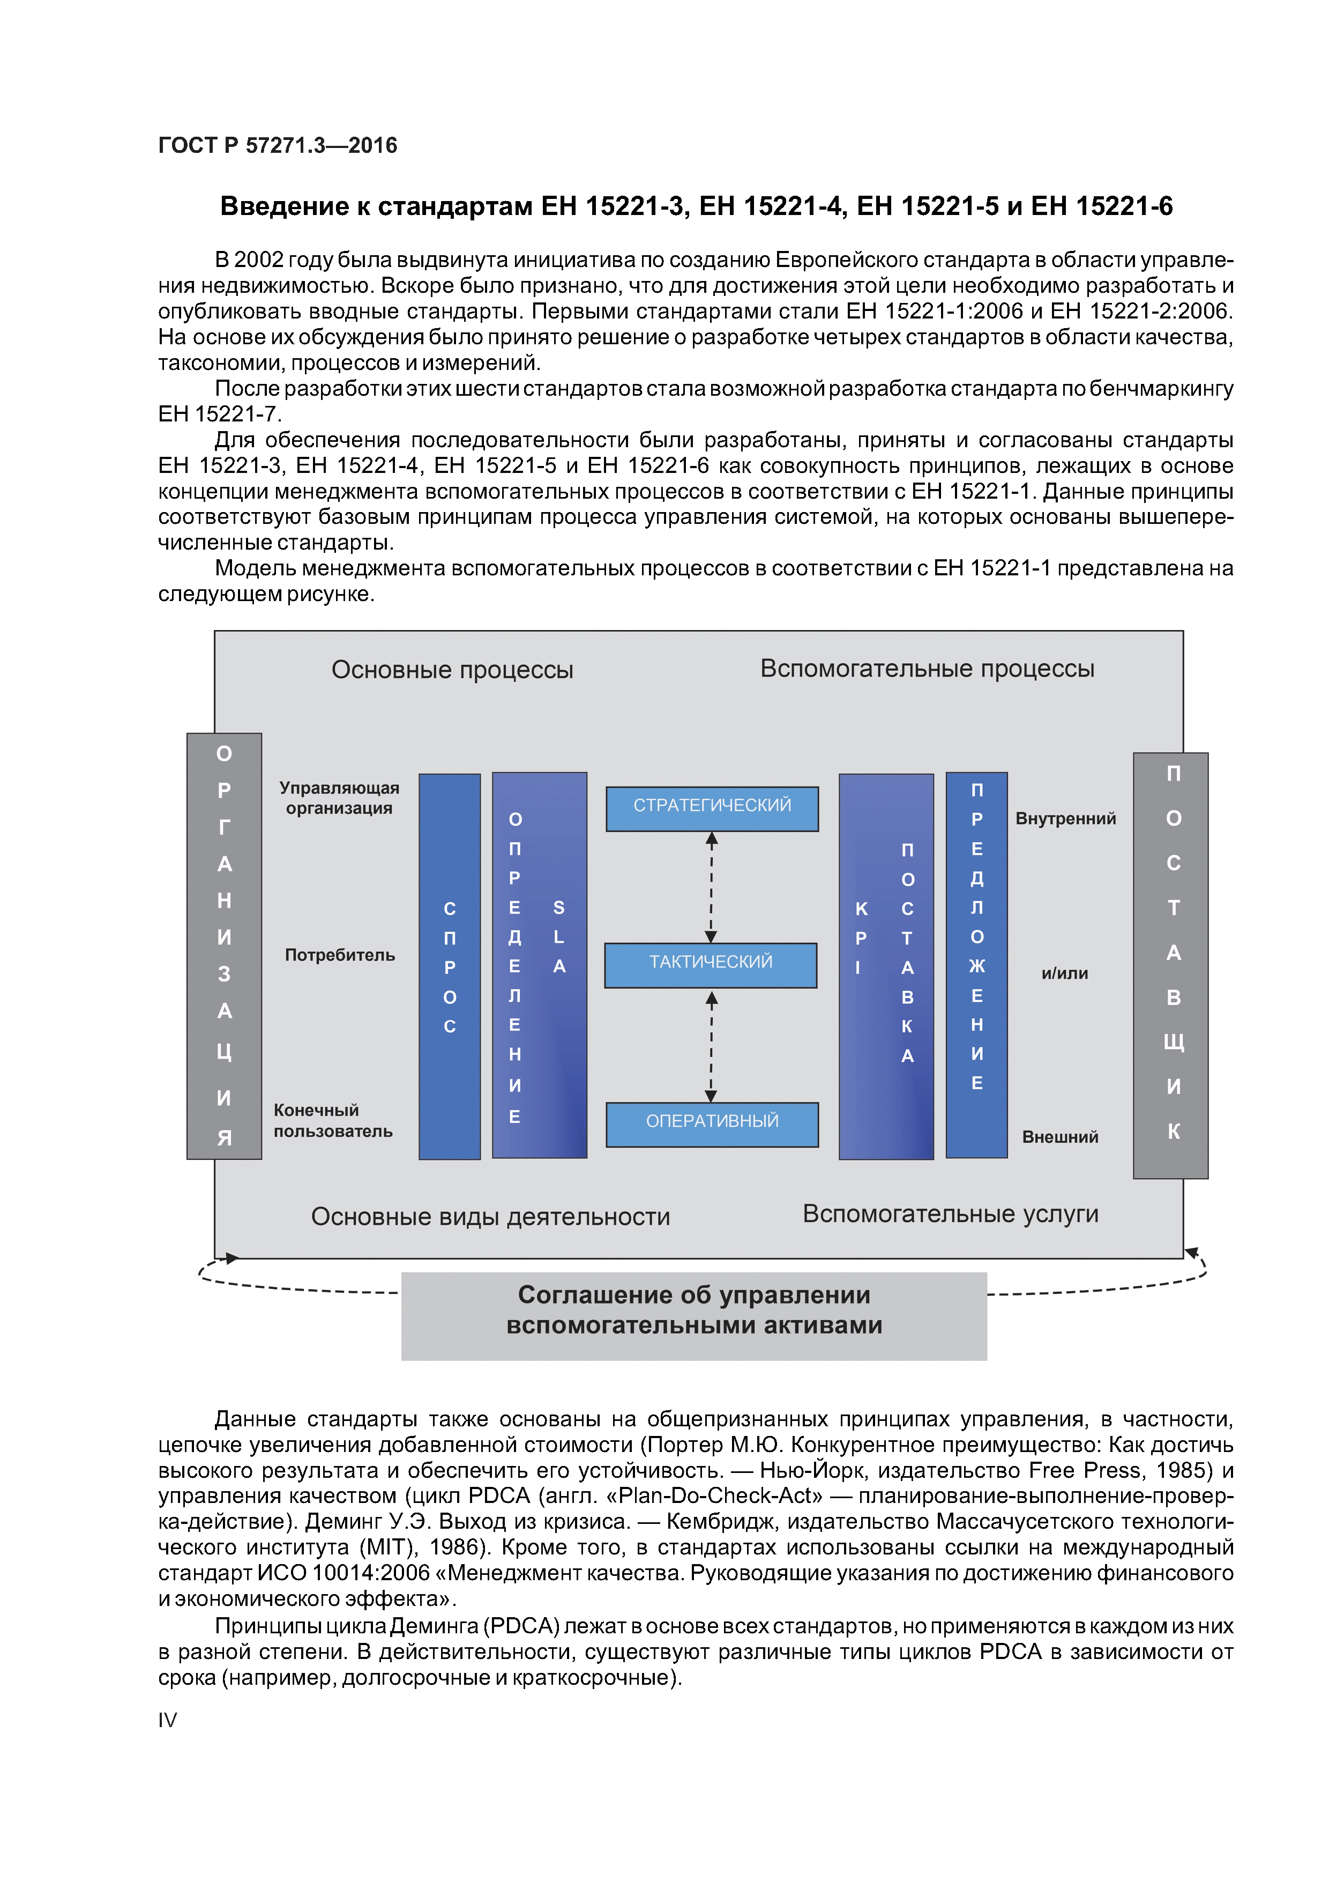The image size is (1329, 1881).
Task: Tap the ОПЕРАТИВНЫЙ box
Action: tap(712, 1123)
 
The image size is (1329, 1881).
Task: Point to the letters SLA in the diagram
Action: tap(559, 936)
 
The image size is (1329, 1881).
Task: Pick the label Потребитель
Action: tap(340, 956)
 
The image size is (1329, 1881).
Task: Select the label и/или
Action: tap(1064, 973)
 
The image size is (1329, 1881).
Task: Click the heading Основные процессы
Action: tap(452, 670)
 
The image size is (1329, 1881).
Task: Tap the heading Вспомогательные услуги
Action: tap(950, 1213)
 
